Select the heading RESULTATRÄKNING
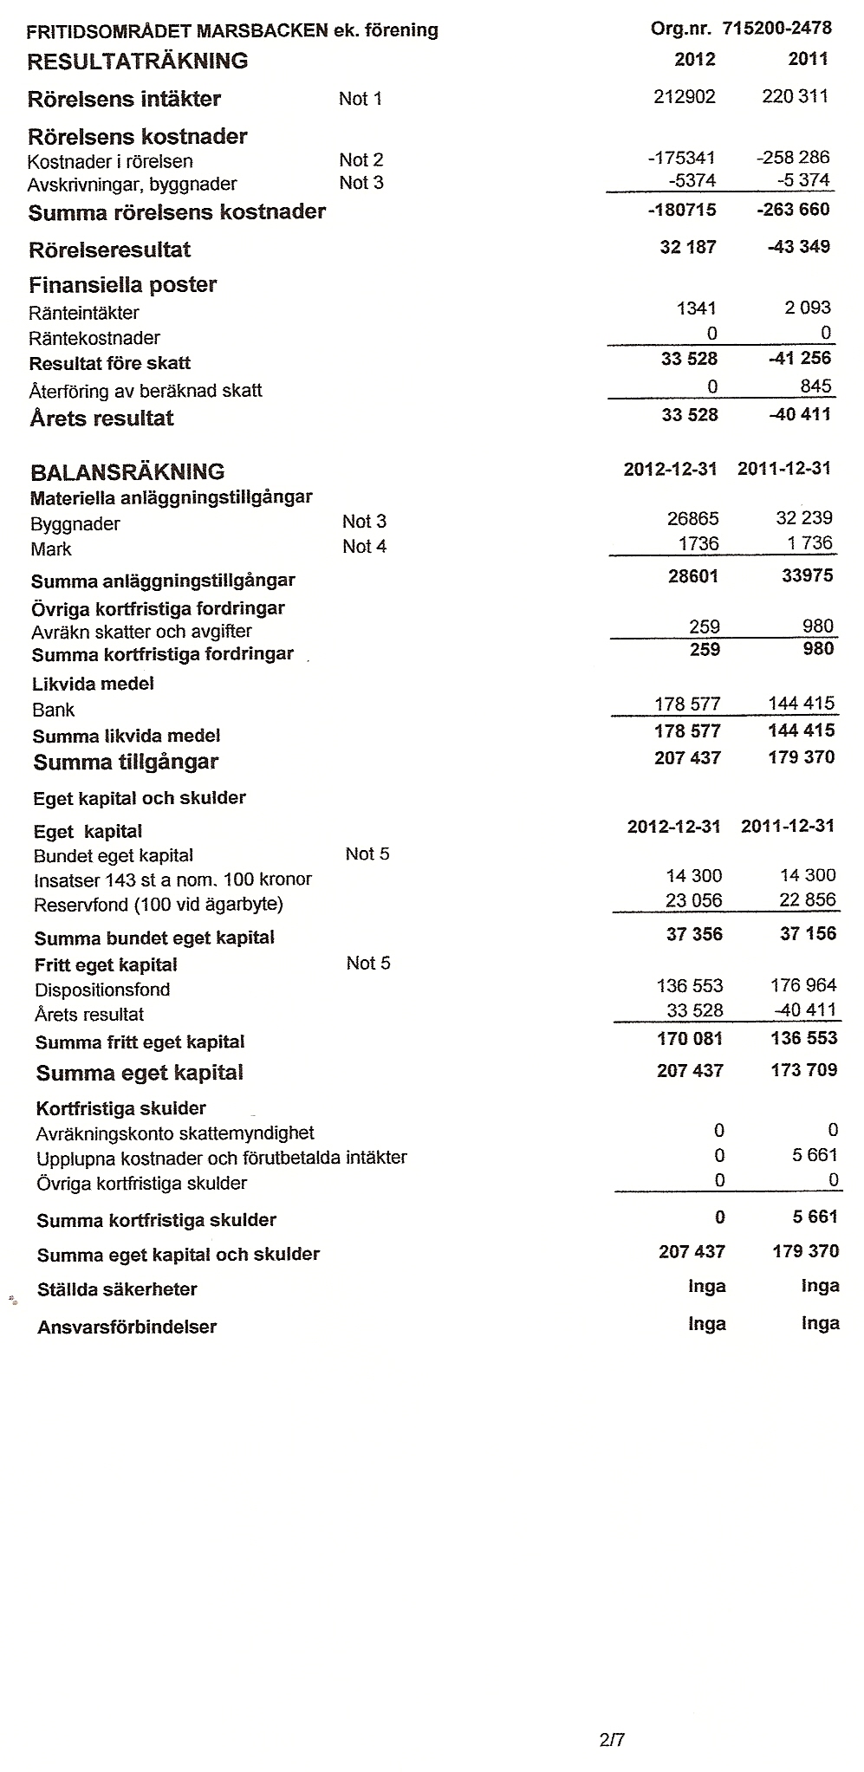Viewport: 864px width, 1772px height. (x=138, y=62)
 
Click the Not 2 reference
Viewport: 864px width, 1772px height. (x=361, y=159)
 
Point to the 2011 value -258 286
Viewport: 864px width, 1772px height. (x=792, y=158)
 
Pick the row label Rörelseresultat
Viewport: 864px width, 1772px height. (x=109, y=250)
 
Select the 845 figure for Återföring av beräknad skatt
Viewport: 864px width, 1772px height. (x=815, y=386)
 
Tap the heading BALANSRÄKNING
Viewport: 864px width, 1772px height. (x=127, y=472)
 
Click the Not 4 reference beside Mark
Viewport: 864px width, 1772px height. (x=364, y=547)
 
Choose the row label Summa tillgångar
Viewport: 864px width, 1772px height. (x=126, y=763)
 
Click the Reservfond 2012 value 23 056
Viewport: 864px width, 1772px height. (x=693, y=900)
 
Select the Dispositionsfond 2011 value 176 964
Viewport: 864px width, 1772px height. (x=803, y=986)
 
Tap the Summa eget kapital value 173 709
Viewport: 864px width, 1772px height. (x=803, y=1071)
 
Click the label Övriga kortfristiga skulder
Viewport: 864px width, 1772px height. (x=141, y=1184)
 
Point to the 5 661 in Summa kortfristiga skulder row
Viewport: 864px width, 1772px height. (x=815, y=1217)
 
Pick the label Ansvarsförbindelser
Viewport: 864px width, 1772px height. (x=127, y=1327)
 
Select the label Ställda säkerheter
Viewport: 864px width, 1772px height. (x=117, y=1290)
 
